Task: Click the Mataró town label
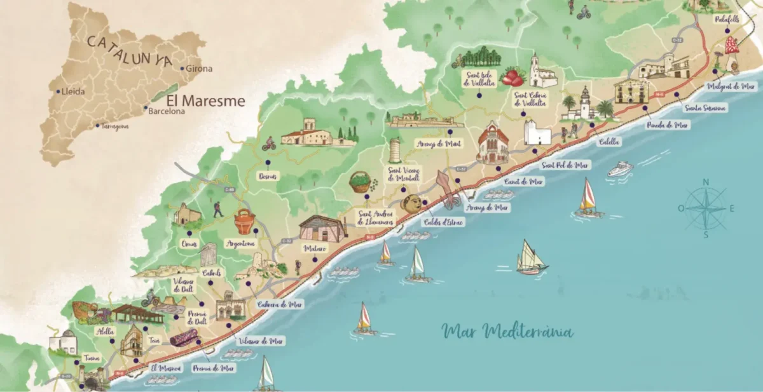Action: click(x=315, y=248)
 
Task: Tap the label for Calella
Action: click(x=608, y=142)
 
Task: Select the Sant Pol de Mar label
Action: click(x=566, y=165)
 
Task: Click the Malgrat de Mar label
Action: click(x=730, y=86)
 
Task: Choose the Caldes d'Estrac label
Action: click(x=443, y=222)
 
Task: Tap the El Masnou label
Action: click(x=166, y=368)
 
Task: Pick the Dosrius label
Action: click(x=268, y=176)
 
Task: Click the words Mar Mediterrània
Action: click(x=507, y=332)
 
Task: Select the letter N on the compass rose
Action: click(x=705, y=183)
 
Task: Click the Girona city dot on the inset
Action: click(x=182, y=69)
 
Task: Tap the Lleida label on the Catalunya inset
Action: click(x=72, y=91)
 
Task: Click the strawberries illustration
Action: click(x=512, y=78)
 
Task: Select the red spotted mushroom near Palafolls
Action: click(x=732, y=46)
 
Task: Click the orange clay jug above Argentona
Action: click(x=244, y=222)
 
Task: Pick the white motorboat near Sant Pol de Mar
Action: click(x=620, y=168)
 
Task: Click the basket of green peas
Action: click(x=361, y=182)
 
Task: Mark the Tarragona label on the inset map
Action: click(x=112, y=126)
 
